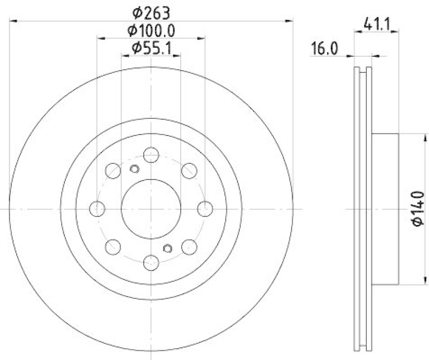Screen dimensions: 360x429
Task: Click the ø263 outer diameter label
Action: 151,11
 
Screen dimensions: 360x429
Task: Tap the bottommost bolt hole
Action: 151,262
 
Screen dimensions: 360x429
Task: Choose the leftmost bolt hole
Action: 97,208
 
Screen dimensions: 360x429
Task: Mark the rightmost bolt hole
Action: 205,208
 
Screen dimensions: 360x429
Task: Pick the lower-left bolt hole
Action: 113,246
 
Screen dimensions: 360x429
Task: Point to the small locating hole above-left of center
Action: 135,169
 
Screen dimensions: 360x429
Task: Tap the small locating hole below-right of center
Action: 167,247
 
